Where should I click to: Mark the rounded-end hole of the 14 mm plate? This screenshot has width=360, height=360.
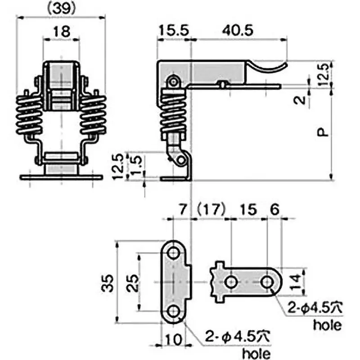point(267,283)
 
